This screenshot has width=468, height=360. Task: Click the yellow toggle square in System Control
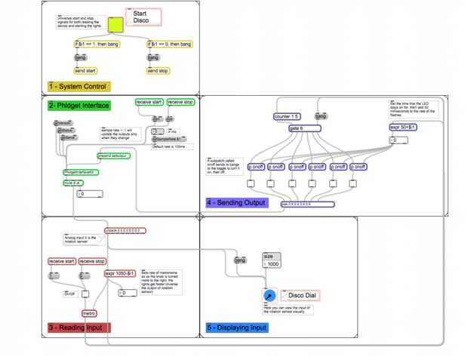(x=116, y=25)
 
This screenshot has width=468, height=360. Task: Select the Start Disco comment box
(x=143, y=17)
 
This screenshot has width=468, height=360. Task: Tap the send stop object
(x=158, y=71)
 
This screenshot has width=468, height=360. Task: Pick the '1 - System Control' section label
(x=79, y=87)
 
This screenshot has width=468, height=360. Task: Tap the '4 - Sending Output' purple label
(x=236, y=203)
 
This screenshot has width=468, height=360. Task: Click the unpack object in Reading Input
(x=125, y=230)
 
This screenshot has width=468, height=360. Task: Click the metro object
(x=89, y=312)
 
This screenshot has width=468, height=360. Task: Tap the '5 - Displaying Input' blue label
(x=236, y=328)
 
